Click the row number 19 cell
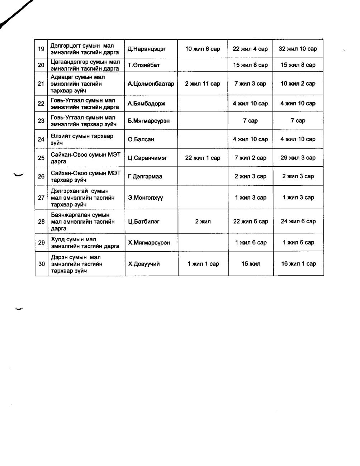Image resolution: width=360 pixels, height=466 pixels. click(41, 49)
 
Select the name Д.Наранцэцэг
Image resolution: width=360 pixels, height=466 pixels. click(147, 49)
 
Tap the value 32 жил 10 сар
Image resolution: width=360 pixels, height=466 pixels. click(298, 49)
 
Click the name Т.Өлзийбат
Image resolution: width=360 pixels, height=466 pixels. click(144, 65)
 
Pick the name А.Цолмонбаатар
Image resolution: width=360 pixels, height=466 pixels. click(151, 84)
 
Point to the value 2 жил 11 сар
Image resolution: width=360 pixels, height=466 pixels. click(203, 84)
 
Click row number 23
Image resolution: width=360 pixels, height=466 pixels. click(41, 121)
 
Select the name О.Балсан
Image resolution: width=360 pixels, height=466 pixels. click(141, 139)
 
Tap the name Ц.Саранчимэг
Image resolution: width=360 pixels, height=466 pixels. click(147, 158)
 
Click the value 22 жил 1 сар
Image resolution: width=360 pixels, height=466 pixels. click(203, 158)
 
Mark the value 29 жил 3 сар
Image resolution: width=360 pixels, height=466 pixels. click(298, 158)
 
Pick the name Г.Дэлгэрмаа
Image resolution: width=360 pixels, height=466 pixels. click(145, 176)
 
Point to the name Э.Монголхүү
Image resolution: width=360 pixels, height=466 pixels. click(146, 198)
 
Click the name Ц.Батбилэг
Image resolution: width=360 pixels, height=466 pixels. click(144, 222)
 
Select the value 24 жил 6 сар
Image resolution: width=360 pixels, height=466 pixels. click(298, 222)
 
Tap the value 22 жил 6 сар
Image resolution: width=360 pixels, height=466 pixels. click(251, 222)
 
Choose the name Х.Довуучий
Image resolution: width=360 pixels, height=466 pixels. click(144, 264)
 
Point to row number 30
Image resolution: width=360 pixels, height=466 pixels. click(42, 264)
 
